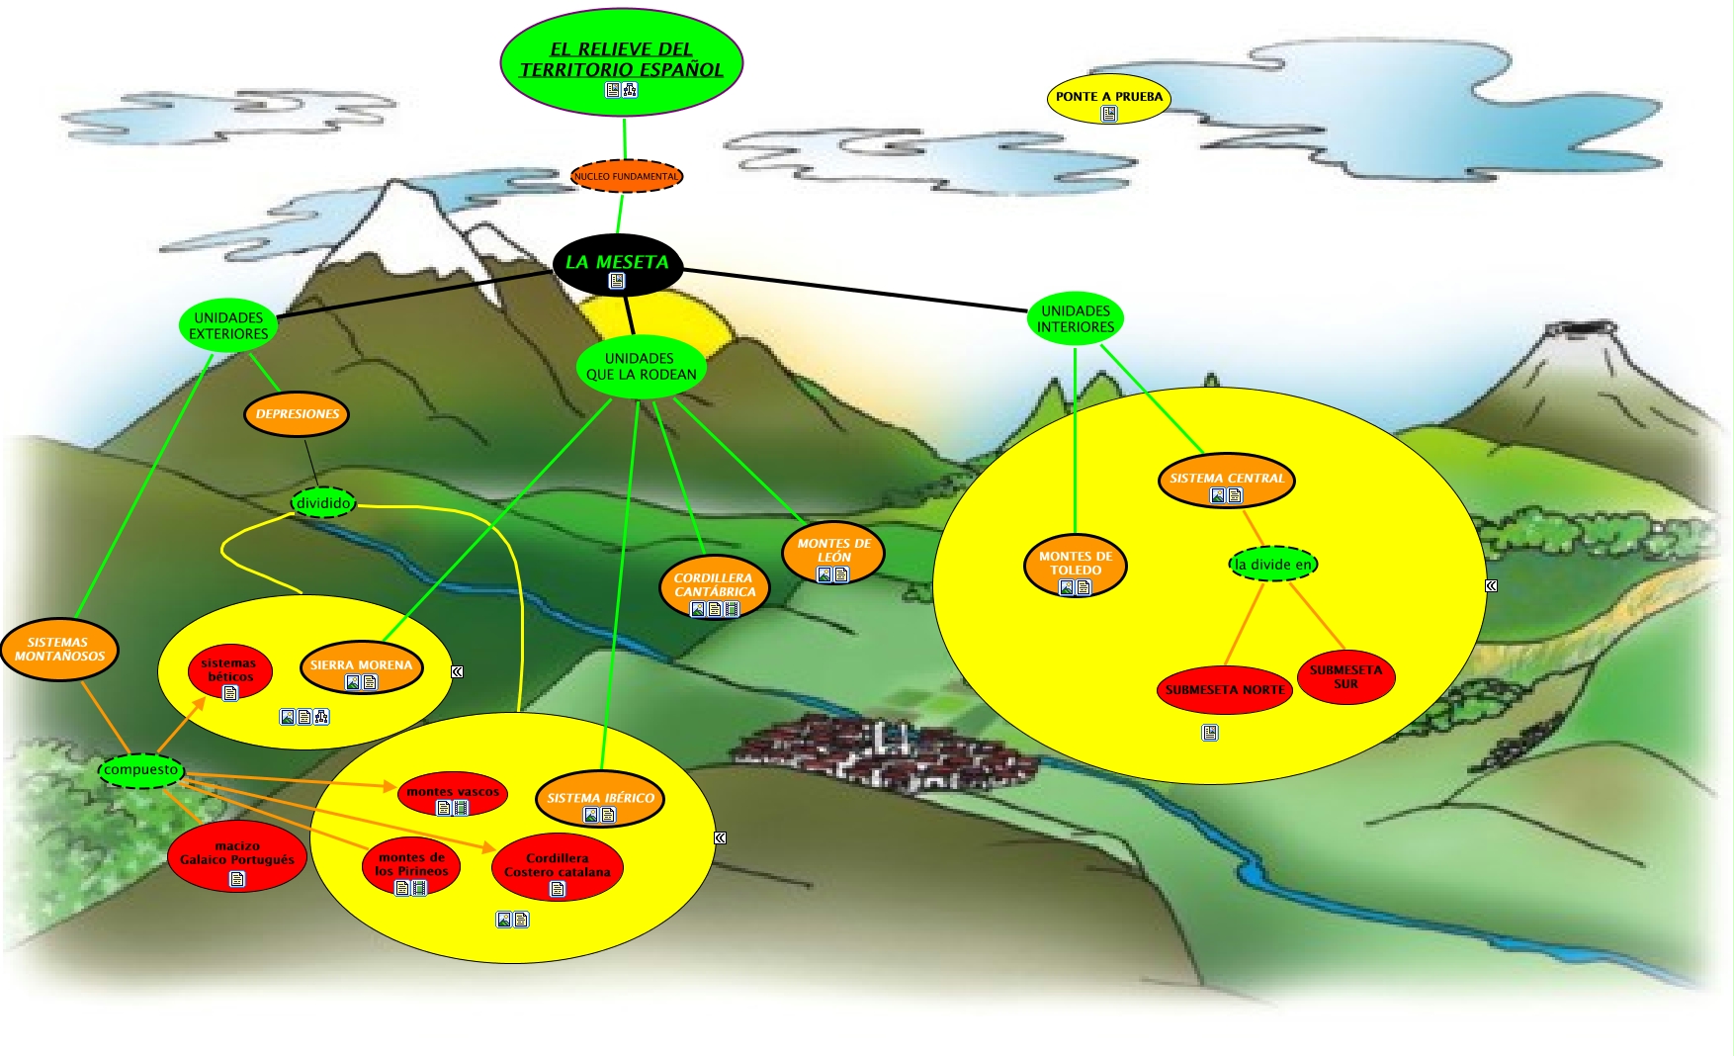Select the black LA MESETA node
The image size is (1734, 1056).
[x=617, y=264]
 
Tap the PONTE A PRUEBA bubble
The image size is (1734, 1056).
[x=1108, y=98]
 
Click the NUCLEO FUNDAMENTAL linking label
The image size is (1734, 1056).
[x=626, y=176]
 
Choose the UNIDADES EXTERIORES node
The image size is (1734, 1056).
[x=228, y=325]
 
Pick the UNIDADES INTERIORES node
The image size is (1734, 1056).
[x=1076, y=318]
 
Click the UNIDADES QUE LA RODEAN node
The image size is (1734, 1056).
[x=641, y=367]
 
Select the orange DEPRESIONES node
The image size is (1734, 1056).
[x=297, y=414]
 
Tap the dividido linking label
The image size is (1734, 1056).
[x=323, y=503]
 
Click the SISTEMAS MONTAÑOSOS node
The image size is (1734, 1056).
[x=59, y=649]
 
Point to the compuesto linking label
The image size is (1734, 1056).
[x=141, y=770]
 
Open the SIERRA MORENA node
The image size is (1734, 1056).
[x=361, y=666]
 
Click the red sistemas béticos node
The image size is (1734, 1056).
[x=229, y=671]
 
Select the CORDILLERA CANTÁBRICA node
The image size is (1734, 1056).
[x=714, y=585]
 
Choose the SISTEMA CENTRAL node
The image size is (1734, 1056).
[x=1226, y=480]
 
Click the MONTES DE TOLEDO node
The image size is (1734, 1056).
[x=1076, y=565]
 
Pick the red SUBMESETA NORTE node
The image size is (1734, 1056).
[x=1224, y=689]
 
